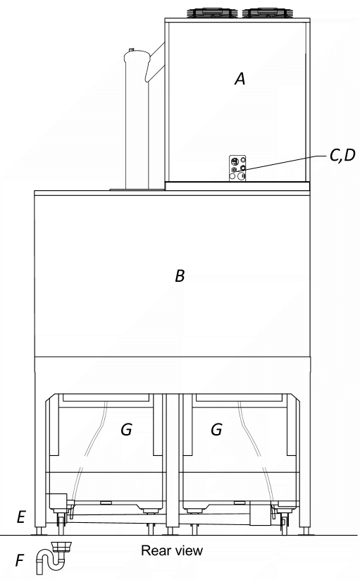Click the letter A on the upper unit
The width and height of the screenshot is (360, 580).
(240, 79)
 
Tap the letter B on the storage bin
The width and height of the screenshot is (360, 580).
(180, 276)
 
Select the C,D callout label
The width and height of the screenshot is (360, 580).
(342, 156)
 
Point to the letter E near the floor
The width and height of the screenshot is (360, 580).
(21, 517)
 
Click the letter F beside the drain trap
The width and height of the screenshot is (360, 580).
(20, 560)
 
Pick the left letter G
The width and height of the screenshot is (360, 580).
(126, 429)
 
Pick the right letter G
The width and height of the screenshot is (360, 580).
(216, 429)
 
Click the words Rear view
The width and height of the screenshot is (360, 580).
(172, 551)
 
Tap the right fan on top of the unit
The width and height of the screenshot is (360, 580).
(266, 13)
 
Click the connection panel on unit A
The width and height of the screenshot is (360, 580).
(237, 168)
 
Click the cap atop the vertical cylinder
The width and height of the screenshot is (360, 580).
(131, 51)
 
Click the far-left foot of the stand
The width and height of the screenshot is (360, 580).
(39, 531)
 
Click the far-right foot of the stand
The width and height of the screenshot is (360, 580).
(306, 531)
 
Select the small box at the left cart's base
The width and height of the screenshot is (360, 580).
(56, 501)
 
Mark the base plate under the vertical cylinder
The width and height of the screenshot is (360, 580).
(137, 190)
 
